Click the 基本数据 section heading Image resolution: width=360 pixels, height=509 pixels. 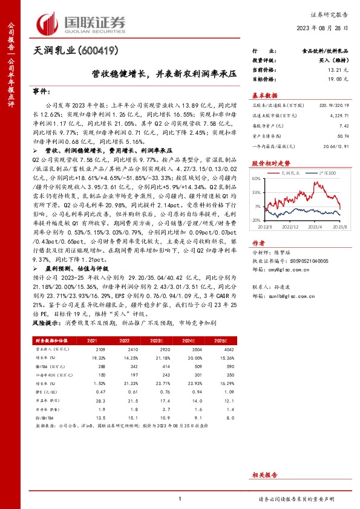[x=264, y=96]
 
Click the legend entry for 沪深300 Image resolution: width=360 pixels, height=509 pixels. [x=319, y=172]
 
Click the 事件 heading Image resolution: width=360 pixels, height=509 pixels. [x=41, y=90]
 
